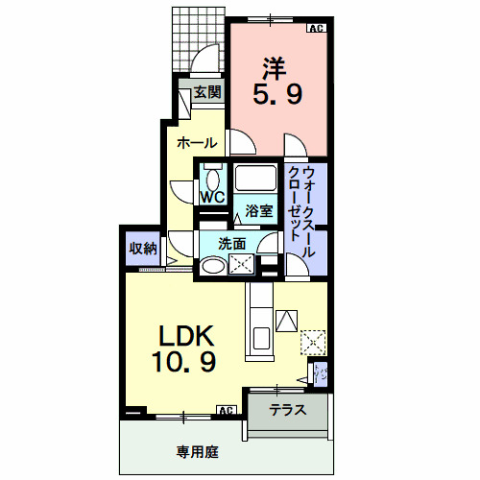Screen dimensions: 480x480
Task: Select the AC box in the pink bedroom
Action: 315,29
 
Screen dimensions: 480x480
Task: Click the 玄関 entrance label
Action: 206,92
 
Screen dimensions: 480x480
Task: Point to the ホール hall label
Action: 195,142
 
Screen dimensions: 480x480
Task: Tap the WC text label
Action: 212,197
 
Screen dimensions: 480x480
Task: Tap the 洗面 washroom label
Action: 231,244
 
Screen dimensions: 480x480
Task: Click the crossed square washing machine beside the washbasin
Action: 239,267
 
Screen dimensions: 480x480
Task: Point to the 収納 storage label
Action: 142,249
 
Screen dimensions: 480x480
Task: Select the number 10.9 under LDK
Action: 182,363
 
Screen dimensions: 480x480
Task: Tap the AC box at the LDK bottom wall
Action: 227,411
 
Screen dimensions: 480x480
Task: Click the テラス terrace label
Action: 287,410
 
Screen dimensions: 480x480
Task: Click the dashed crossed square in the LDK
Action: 313,342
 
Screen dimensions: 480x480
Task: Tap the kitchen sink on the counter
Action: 259,338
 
